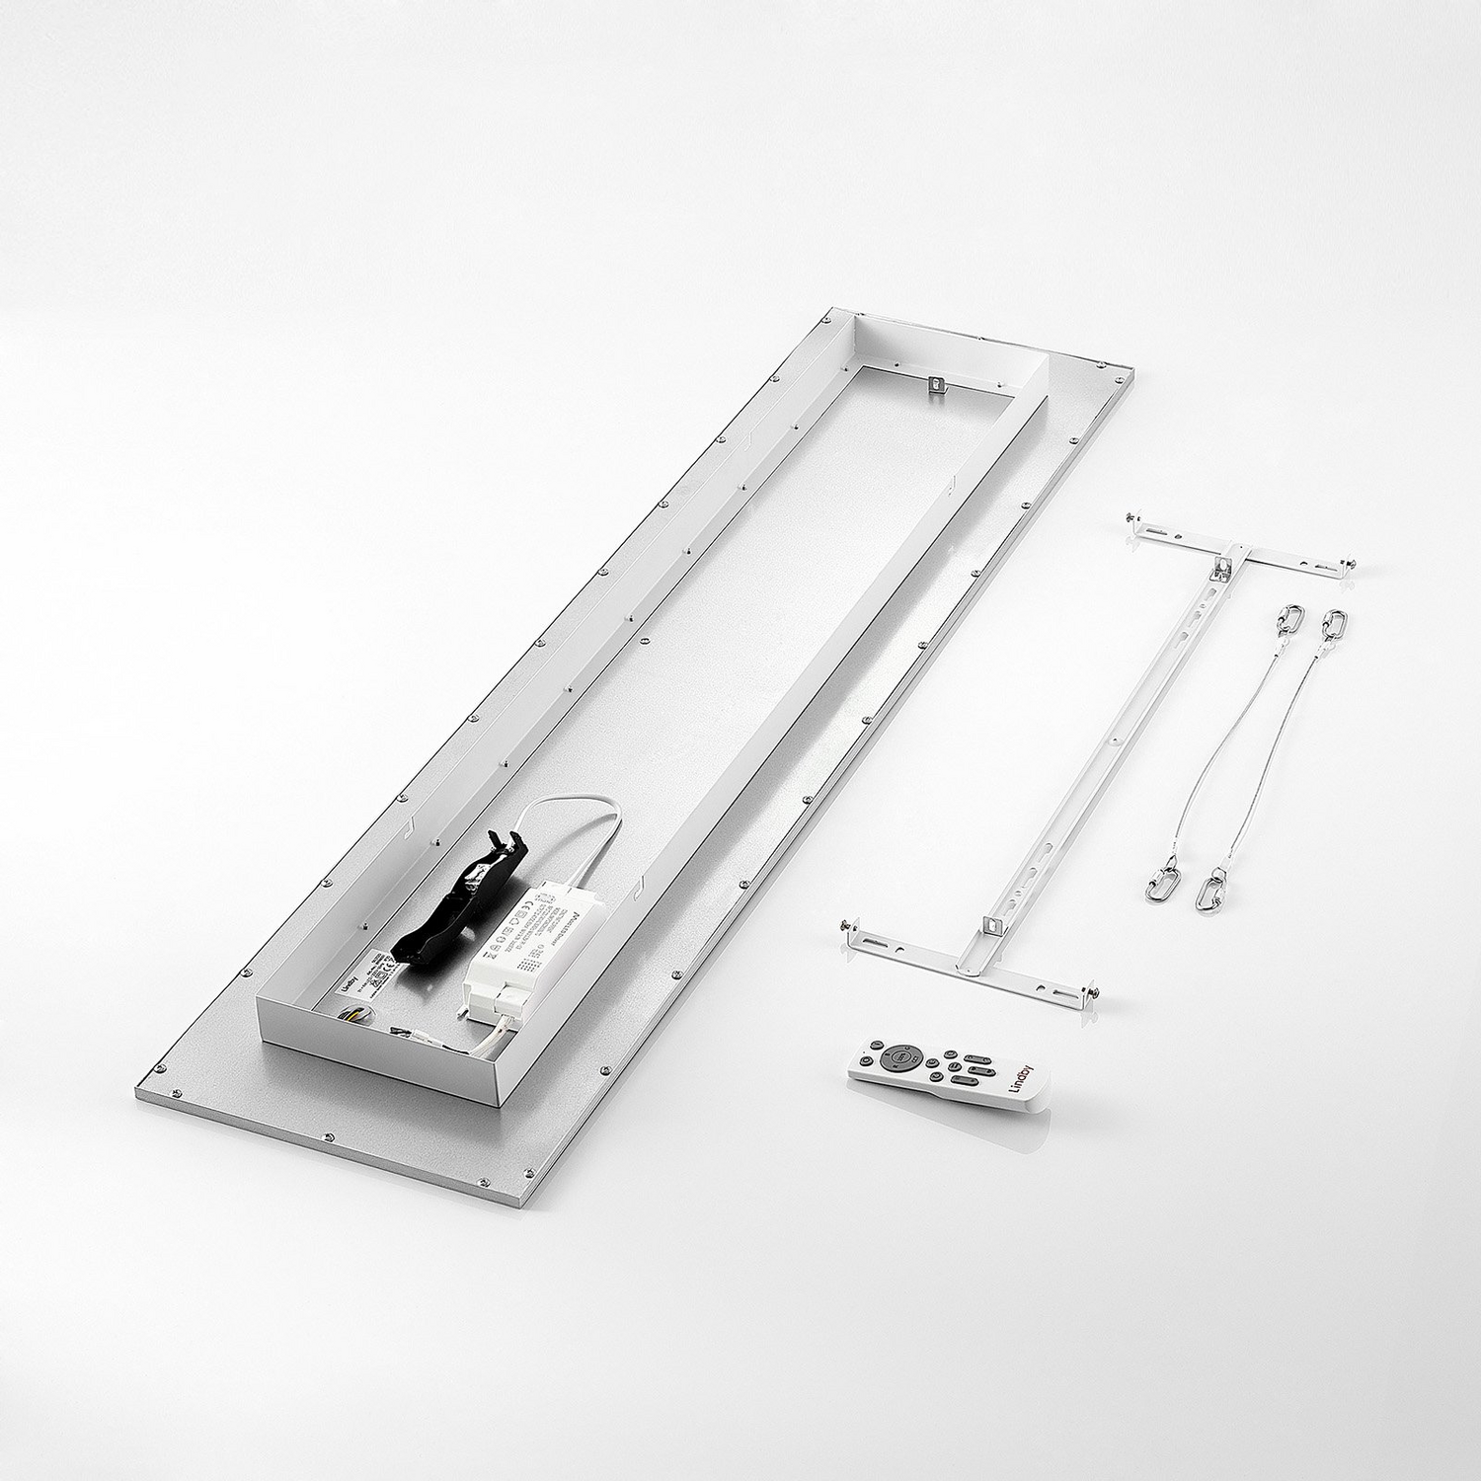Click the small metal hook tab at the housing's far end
(932, 386)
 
